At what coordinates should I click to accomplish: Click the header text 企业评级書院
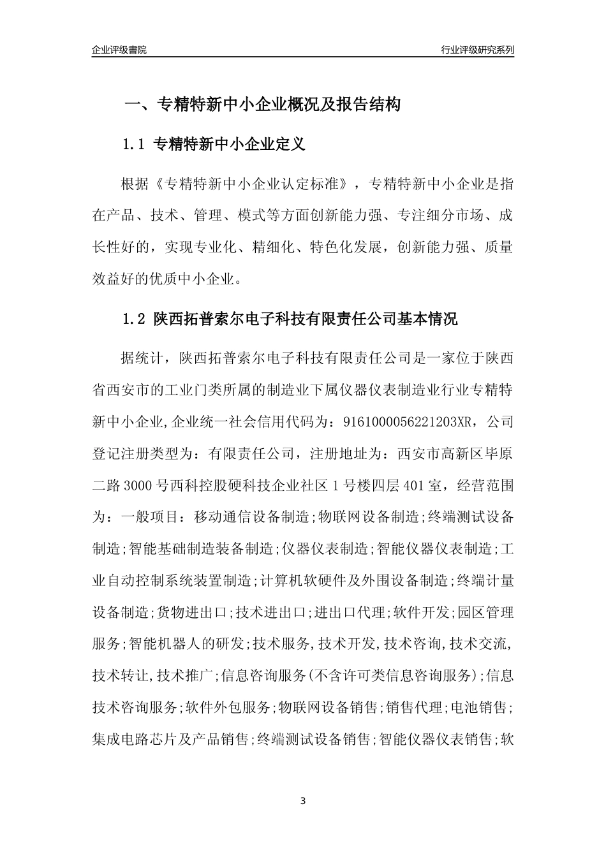119,50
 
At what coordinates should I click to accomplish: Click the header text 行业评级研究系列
477,50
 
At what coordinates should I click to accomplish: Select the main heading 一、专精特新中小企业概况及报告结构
262,105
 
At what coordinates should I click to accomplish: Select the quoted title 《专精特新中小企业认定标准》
253,185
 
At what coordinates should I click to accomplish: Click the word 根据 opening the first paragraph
135,185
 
